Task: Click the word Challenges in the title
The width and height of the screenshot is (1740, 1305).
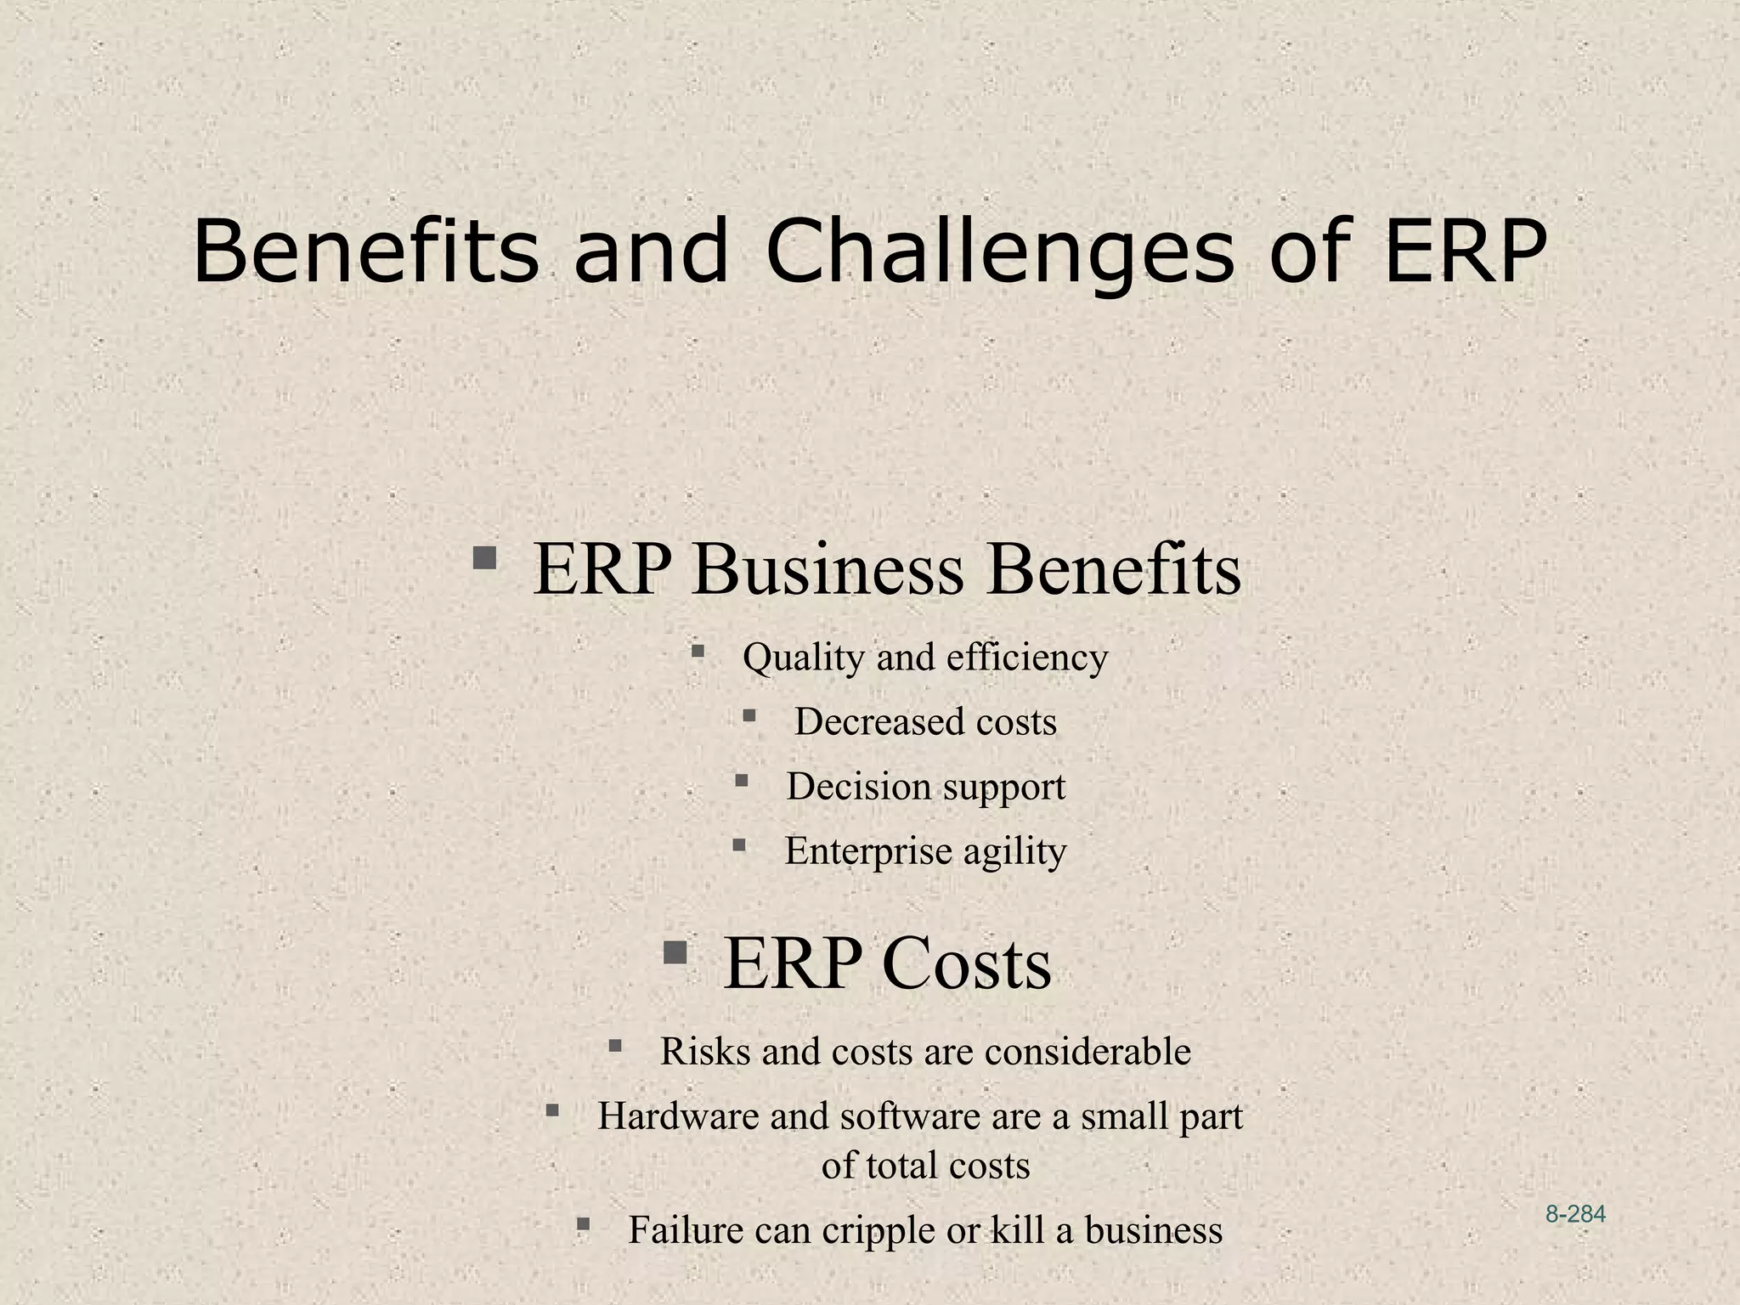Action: [1000, 252]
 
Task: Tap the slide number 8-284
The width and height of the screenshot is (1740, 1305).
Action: [1575, 1214]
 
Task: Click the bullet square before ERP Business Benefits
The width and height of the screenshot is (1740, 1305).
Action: [485, 558]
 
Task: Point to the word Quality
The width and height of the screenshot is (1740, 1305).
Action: [804, 657]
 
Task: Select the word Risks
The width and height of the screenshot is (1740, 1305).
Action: [704, 1051]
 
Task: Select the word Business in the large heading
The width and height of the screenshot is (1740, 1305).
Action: [828, 570]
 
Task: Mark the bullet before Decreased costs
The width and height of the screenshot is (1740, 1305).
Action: [749, 715]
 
